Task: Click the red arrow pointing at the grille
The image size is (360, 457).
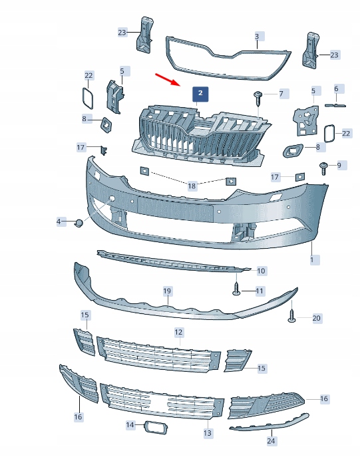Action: pyautogui.click(x=168, y=80)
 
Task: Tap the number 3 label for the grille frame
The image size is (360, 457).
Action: pyautogui.click(x=257, y=36)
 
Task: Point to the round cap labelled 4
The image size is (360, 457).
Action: pyautogui.click(x=79, y=224)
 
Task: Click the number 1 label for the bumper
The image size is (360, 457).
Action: pyautogui.click(x=311, y=259)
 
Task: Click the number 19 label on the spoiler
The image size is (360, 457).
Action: pyautogui.click(x=167, y=291)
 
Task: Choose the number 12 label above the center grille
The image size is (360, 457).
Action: pyautogui.click(x=178, y=331)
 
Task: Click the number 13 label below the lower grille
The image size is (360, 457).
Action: pyautogui.click(x=208, y=433)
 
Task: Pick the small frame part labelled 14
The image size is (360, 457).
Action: pyautogui.click(x=153, y=425)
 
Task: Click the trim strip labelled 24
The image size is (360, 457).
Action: pyautogui.click(x=270, y=421)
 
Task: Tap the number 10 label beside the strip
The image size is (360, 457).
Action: pyautogui.click(x=261, y=271)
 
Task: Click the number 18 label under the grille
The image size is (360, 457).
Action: pyautogui.click(x=192, y=186)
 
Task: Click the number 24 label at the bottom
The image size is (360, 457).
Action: pyautogui.click(x=271, y=440)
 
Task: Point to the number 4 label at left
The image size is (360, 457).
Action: pyautogui.click(x=59, y=221)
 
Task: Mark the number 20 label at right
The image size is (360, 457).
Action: pyautogui.click(x=316, y=318)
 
